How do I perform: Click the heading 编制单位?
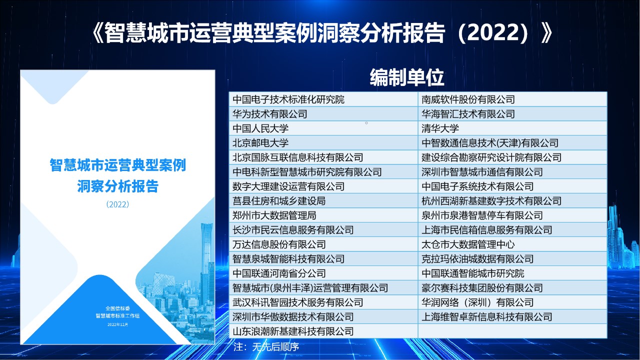pyautogui.click(x=407, y=77)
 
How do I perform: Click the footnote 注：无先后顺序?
pyautogui.click(x=266, y=346)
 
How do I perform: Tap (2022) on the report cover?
pyautogui.click(x=117, y=204)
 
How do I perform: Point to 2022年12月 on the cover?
pyautogui.click(x=117, y=324)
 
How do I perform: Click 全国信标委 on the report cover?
pyautogui.click(x=117, y=308)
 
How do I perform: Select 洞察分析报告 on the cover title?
pyautogui.click(x=117, y=186)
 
